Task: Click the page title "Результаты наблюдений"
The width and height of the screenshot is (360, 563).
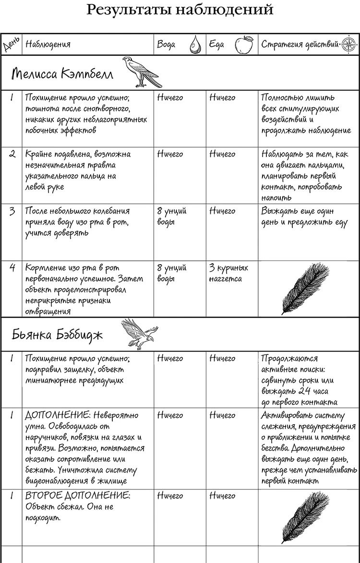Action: [x=180, y=10]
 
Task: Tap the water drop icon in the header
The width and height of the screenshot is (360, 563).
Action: [x=194, y=44]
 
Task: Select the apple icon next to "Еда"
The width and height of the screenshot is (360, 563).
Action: [x=244, y=44]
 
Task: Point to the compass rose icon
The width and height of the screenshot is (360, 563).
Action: [x=347, y=44]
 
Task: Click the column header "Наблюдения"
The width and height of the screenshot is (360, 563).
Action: [x=48, y=45]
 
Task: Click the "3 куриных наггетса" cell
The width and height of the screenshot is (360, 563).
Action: [x=228, y=273]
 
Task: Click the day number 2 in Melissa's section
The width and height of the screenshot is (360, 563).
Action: [x=12, y=154]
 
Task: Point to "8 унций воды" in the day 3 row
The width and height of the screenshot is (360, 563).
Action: [x=171, y=216]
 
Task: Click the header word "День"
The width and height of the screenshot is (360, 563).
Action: [x=11, y=44]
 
